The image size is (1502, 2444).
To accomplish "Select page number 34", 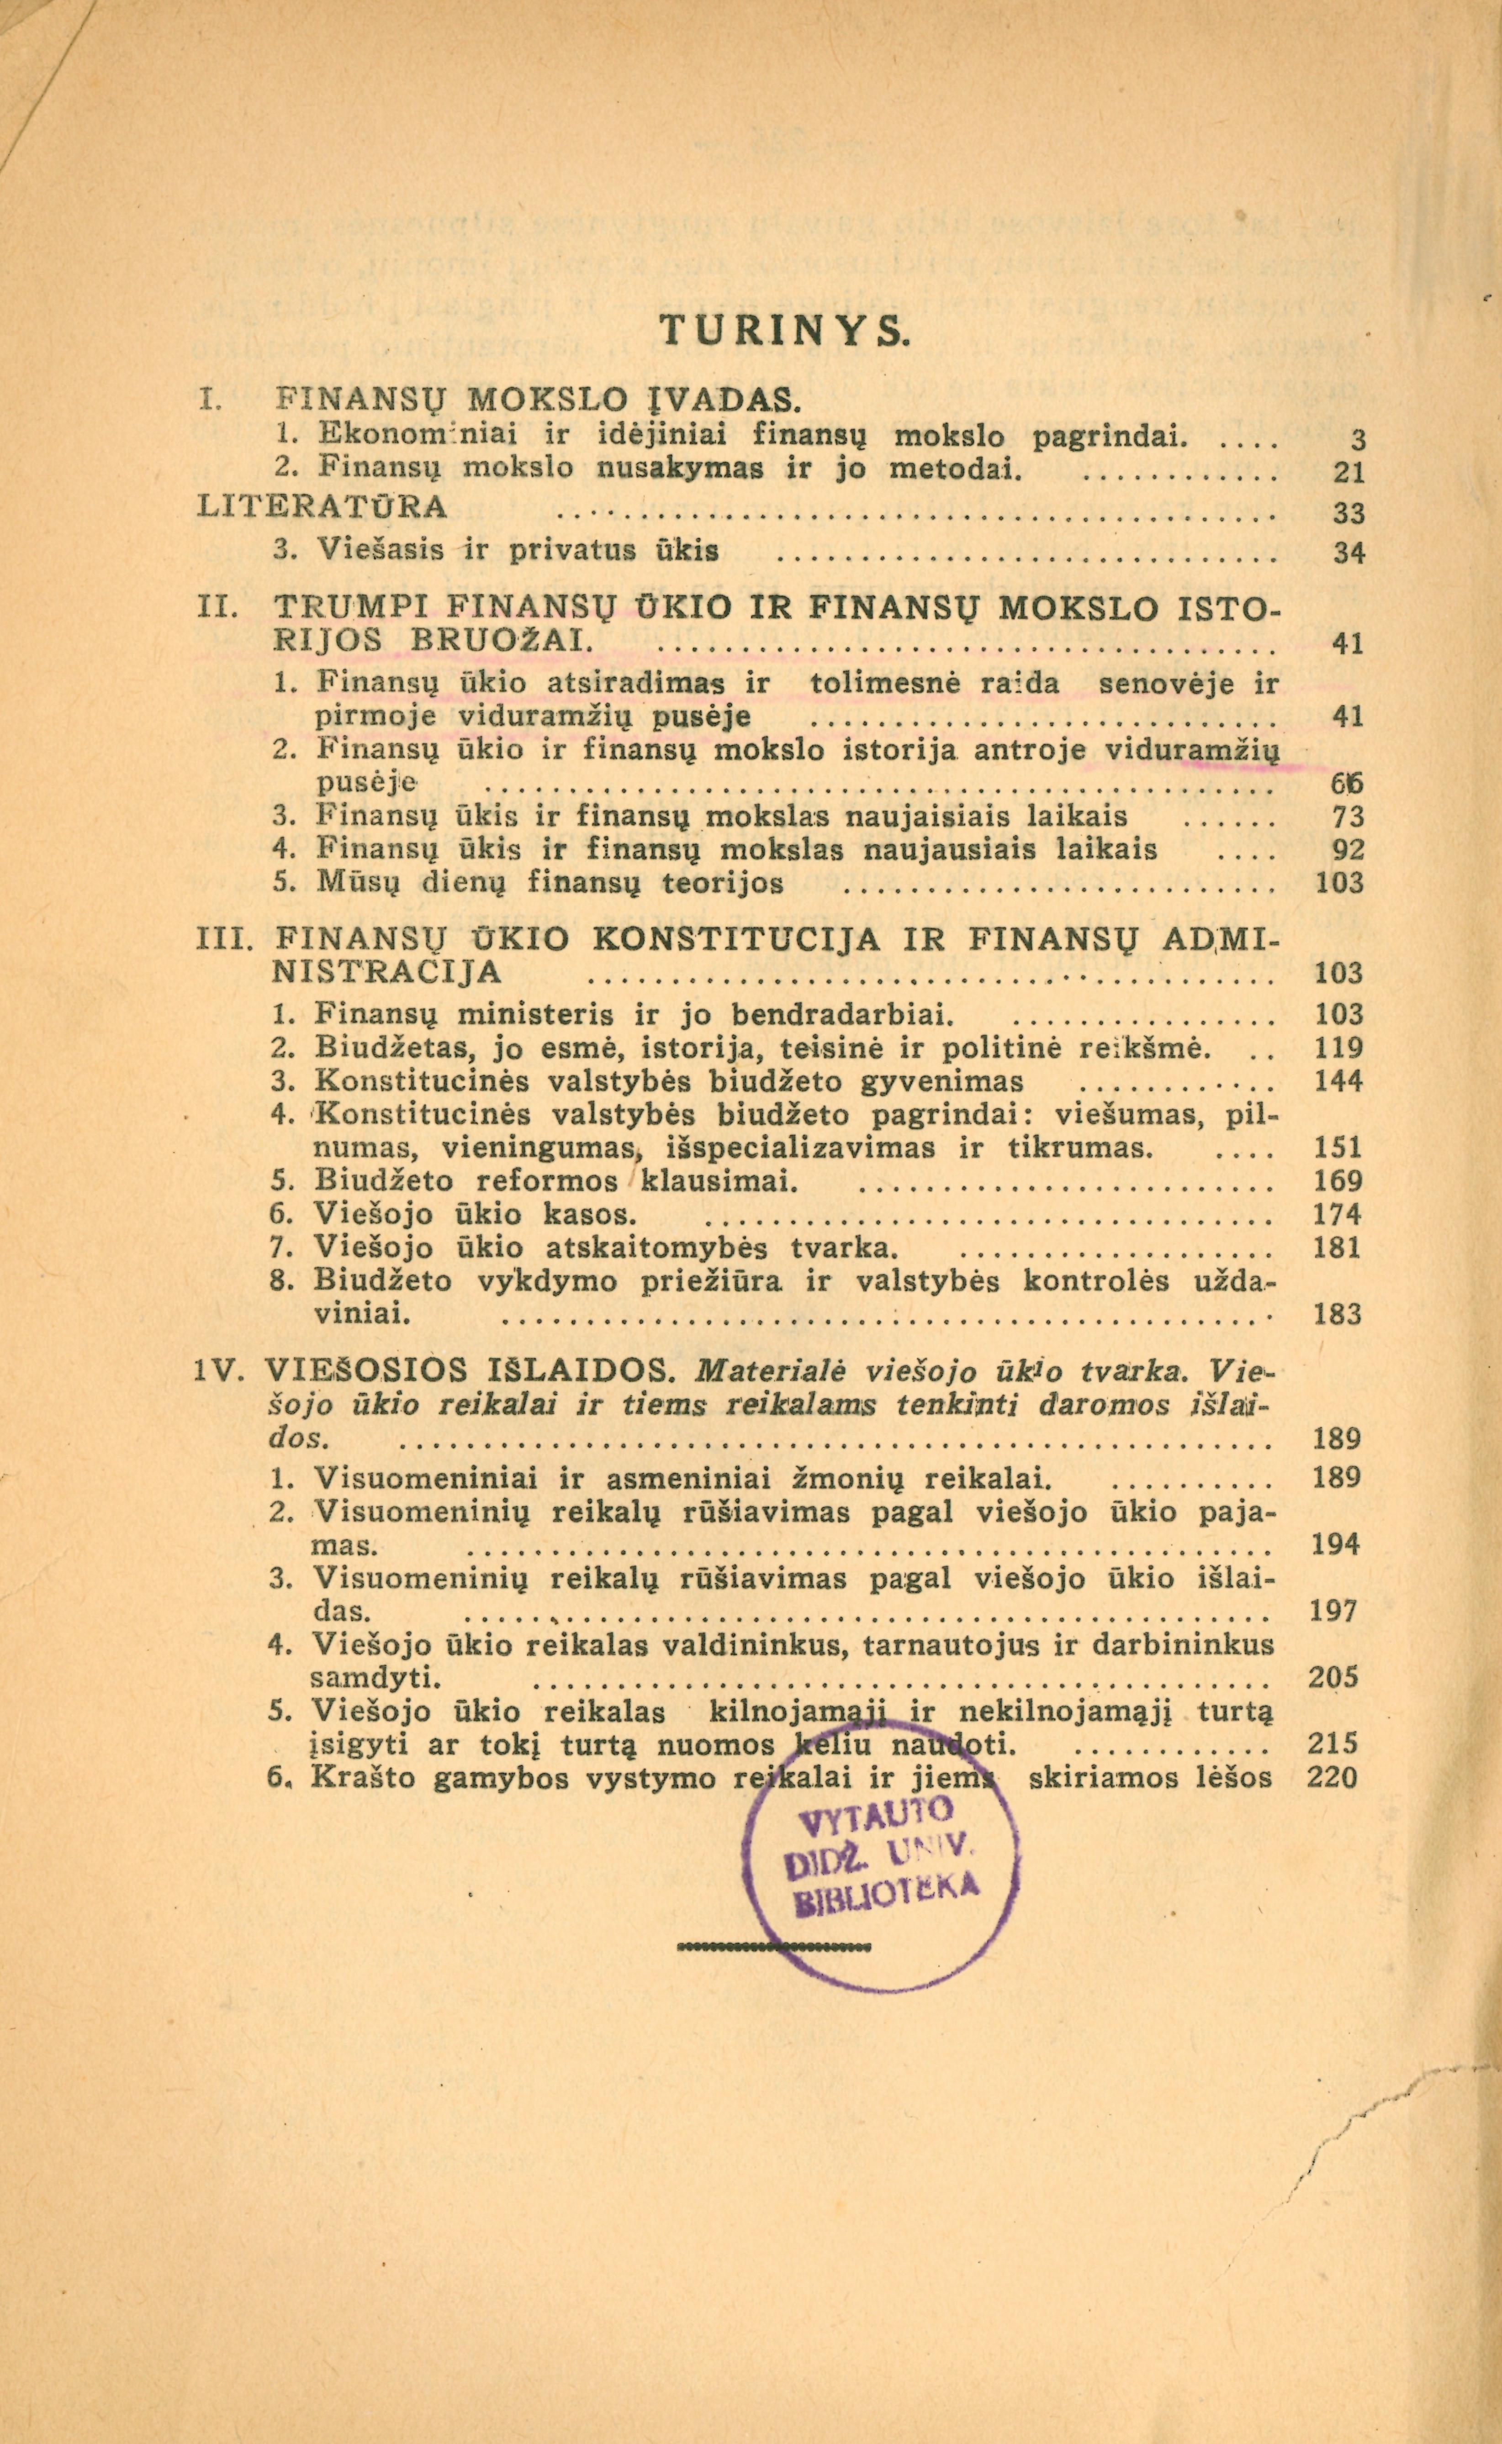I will [1348, 554].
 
